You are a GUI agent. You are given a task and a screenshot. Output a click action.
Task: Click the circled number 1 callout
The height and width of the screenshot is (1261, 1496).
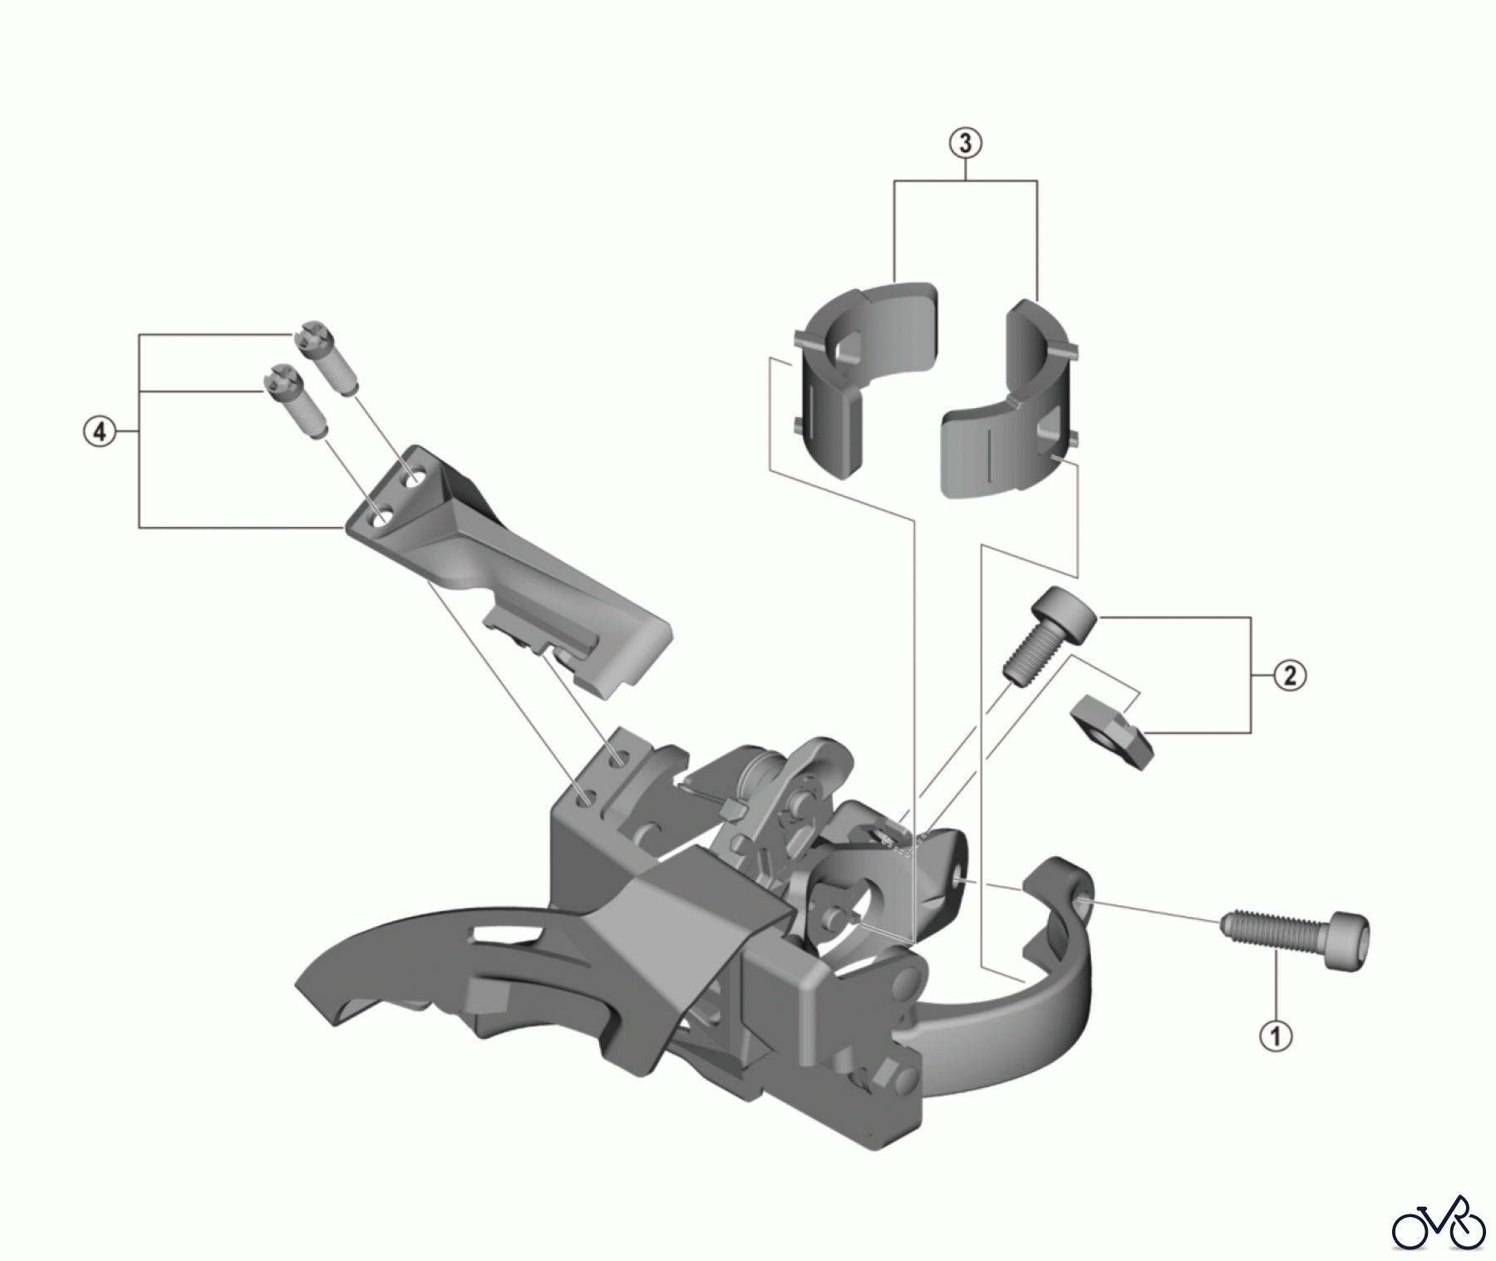click(1277, 1036)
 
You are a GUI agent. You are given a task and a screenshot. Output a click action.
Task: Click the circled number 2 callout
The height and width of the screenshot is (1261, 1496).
click(1290, 674)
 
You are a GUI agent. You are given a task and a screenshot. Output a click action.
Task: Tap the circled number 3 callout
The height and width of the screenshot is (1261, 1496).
click(965, 143)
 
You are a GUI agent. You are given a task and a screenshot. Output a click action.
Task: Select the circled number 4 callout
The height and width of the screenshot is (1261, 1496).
click(100, 431)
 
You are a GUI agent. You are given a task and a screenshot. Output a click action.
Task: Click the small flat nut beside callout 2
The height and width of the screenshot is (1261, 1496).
click(1112, 731)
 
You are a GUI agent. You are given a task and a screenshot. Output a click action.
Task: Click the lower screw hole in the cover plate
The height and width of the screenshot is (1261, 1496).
click(381, 519)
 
